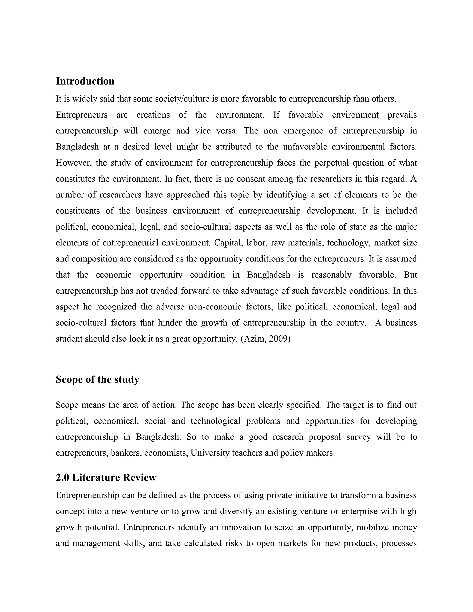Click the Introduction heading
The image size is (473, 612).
point(85,81)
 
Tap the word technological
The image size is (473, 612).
point(215,421)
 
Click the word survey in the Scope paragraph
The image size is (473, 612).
point(358,437)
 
